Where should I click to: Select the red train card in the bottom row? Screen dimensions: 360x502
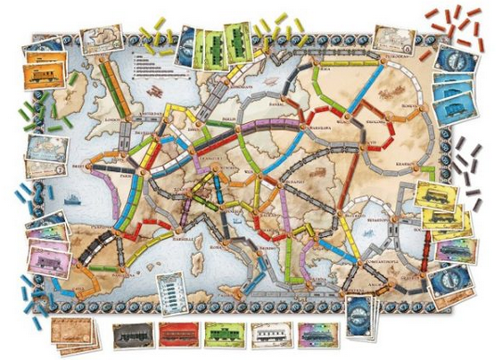pyautogui.click(x=181, y=335)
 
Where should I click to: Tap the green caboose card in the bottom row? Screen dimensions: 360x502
pyautogui.click(x=226, y=335)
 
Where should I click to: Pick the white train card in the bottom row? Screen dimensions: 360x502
pyautogui.click(x=273, y=335)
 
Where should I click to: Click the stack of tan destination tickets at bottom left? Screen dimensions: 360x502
pyautogui.click(x=74, y=333)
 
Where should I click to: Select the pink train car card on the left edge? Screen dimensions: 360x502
pyautogui.click(x=50, y=259)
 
